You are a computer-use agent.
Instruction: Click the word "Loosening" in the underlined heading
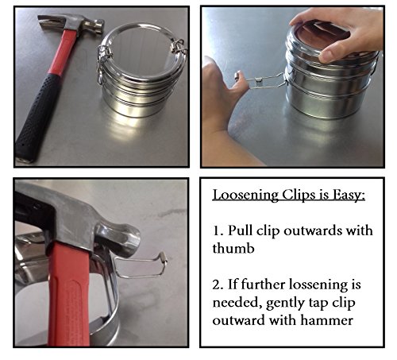click(245, 195)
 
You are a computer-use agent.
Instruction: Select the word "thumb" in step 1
click(233, 248)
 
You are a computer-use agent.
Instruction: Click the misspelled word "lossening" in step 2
click(318, 285)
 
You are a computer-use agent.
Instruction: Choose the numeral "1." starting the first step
click(218, 230)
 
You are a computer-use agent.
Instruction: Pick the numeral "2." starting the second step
click(218, 285)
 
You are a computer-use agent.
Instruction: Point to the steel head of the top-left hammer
click(71, 25)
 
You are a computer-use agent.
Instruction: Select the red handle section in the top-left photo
click(63, 52)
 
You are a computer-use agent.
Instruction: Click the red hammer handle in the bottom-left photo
click(69, 296)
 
